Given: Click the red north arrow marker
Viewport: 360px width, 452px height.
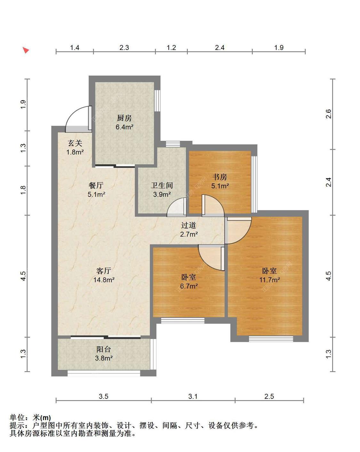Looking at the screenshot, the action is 26,50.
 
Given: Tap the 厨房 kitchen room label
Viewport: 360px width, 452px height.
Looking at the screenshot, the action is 124,118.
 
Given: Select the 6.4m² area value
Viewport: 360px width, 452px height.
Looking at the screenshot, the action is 124,127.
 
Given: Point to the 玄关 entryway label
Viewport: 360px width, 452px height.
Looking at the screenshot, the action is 75,143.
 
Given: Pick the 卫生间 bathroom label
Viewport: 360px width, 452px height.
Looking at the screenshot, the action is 162,185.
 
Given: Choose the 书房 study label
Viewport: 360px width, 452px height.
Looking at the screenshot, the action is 220,177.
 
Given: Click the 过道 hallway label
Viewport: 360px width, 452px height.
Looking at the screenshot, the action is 188,225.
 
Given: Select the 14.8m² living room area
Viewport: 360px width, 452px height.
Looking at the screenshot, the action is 104,280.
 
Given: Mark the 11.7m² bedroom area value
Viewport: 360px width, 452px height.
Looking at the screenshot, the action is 269,280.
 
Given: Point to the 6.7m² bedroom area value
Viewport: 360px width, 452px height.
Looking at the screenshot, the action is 189,286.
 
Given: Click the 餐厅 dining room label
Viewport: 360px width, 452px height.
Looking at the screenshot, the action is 96,185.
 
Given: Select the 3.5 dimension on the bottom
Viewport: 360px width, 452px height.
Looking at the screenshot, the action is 104,396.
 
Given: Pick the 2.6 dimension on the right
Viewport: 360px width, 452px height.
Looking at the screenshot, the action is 329,114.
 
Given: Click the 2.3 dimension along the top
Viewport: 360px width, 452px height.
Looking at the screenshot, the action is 124,48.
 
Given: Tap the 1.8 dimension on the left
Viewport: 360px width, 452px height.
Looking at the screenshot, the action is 23,190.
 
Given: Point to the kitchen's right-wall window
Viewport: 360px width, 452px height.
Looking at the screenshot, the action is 157,101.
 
